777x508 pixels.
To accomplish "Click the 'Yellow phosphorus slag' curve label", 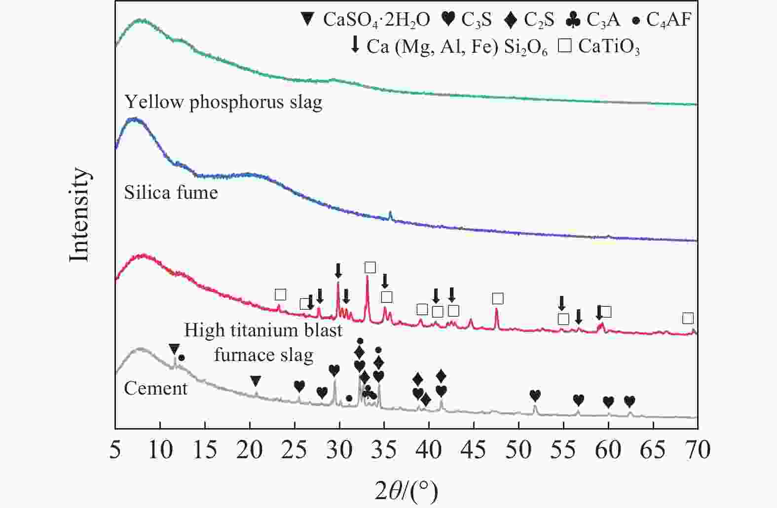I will [223, 102].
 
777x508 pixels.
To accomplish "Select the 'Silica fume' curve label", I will [171, 192].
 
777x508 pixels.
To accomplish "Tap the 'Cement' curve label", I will [155, 389].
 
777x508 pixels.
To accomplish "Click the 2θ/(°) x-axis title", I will [406, 491].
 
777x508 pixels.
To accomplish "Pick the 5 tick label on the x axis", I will [115, 450].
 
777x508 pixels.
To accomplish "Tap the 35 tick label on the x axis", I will [384, 450].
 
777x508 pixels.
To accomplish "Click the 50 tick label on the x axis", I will [518, 450].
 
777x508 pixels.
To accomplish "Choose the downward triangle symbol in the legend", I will [307, 20].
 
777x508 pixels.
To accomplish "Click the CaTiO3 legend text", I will [609, 46].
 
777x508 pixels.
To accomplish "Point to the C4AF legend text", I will [669, 20].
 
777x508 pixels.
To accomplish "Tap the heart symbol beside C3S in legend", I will [448, 20].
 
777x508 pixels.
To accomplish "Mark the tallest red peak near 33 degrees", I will [367, 277].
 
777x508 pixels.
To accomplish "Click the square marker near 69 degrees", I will [688, 318].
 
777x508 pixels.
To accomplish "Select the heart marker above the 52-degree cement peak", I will [535, 396].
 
